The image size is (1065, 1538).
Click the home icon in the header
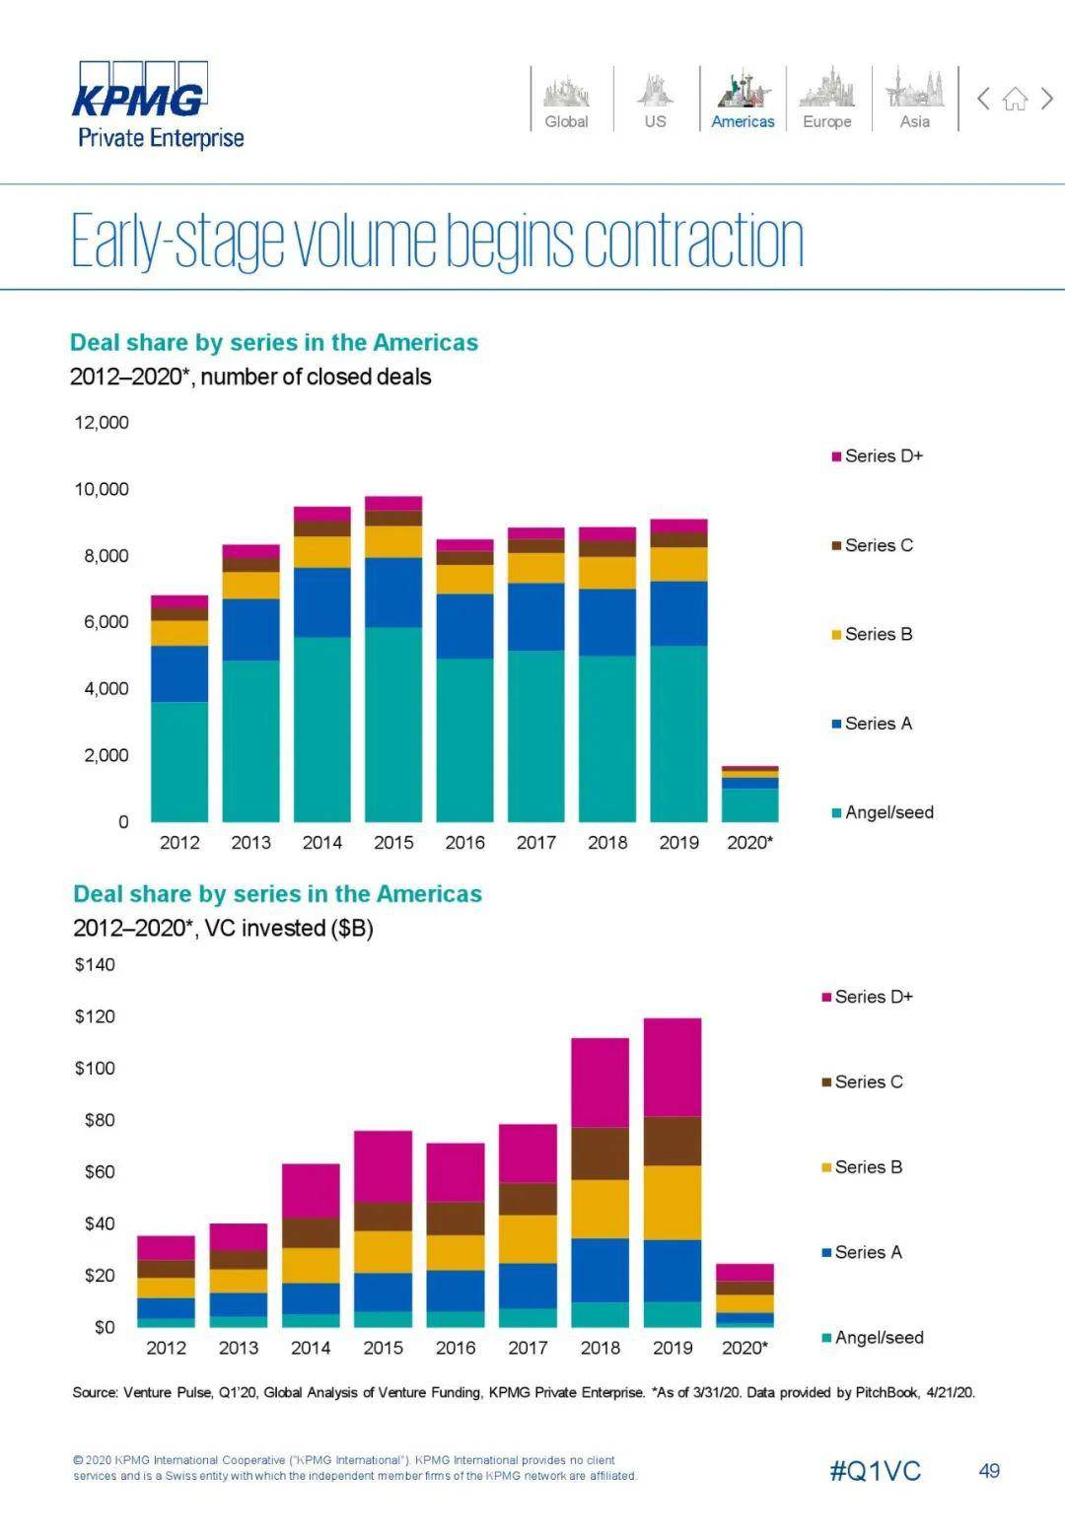click(1015, 99)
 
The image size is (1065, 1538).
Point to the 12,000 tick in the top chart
click(102, 423)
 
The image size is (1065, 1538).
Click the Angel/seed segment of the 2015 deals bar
click(393, 725)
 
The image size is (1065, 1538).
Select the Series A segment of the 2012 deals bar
click(179, 673)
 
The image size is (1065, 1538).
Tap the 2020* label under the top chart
click(749, 843)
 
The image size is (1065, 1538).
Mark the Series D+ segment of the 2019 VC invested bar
click(673, 1067)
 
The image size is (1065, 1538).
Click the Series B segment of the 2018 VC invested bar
click(600, 1209)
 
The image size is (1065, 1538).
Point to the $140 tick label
click(95, 965)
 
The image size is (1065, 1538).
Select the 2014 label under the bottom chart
click(311, 1348)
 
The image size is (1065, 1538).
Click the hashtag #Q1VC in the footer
click(875, 1471)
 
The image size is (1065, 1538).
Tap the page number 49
click(989, 1471)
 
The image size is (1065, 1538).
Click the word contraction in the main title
click(693, 242)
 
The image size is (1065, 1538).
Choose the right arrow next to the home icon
click(1047, 99)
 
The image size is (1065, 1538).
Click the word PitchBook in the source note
click(887, 1393)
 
